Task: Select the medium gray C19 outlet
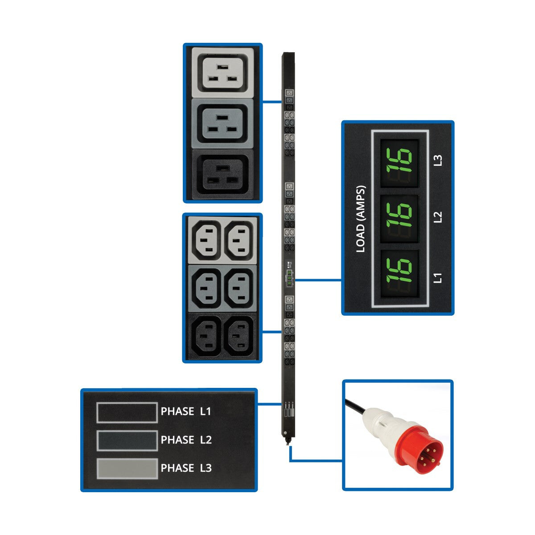223,124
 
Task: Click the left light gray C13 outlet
206,240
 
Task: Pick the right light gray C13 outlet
240,240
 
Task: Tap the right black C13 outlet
240,337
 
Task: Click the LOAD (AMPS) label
361,218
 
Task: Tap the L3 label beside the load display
438,160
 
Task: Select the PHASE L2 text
186,440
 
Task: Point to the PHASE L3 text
186,468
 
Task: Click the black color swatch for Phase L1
127,412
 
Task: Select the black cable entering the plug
354,405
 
